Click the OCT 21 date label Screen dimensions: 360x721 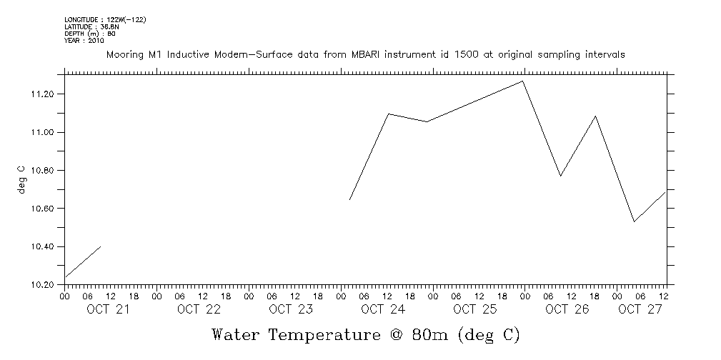107,309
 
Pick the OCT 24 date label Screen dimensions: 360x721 383,309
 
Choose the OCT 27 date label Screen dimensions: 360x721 639,309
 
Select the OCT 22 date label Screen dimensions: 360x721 199,309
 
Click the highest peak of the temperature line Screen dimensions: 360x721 523,81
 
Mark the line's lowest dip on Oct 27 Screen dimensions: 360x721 634,221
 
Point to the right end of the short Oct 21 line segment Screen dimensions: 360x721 100,246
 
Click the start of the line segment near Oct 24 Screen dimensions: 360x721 349,199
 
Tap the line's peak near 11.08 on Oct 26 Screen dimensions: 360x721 595,116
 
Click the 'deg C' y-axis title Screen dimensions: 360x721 21,179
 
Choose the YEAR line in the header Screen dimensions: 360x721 84,40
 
